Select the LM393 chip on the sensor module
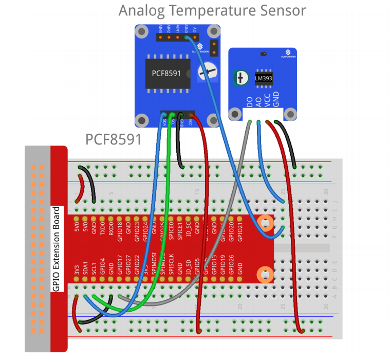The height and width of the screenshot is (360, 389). click(x=264, y=79)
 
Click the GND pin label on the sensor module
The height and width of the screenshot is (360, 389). click(x=276, y=100)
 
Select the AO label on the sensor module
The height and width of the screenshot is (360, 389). click(x=258, y=101)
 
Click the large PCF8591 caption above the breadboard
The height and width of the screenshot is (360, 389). click(x=113, y=139)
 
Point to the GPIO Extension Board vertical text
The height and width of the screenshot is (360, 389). click(x=57, y=249)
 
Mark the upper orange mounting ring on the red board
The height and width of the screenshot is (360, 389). click(x=265, y=224)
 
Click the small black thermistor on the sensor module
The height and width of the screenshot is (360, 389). click(x=263, y=53)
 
